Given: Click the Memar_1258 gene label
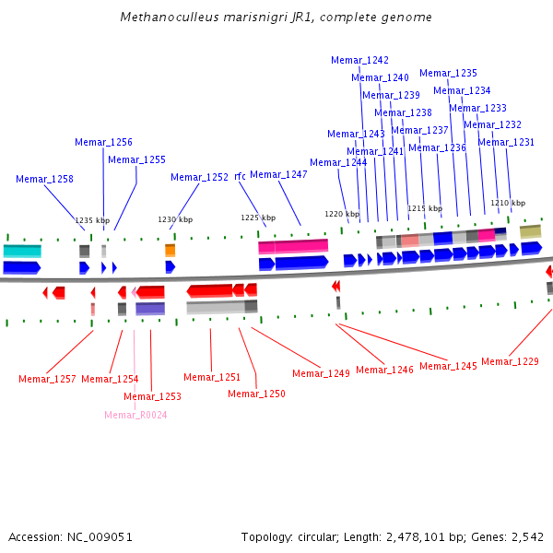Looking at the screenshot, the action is click(44, 179).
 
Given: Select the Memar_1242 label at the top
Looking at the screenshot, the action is click(359, 60).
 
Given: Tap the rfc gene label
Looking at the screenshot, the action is click(240, 176).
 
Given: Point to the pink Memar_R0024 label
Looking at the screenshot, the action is click(135, 415).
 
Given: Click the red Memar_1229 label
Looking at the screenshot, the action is click(510, 361).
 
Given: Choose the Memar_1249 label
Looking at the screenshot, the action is click(321, 373).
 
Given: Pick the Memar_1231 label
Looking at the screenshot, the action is click(506, 142).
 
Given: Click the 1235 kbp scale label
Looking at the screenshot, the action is click(92, 220).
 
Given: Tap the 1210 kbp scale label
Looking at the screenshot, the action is click(508, 203).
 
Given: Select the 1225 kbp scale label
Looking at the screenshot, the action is click(258, 218).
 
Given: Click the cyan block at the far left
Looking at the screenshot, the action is click(22, 251).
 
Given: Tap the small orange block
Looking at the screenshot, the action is click(170, 250).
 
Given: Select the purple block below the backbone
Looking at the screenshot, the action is click(150, 308).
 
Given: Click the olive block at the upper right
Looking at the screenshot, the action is click(531, 231).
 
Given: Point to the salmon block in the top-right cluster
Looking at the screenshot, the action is click(410, 241).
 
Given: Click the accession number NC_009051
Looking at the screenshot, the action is click(100, 537).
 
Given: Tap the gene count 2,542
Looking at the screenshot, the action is click(527, 537).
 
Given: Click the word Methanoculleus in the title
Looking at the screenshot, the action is click(170, 17).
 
